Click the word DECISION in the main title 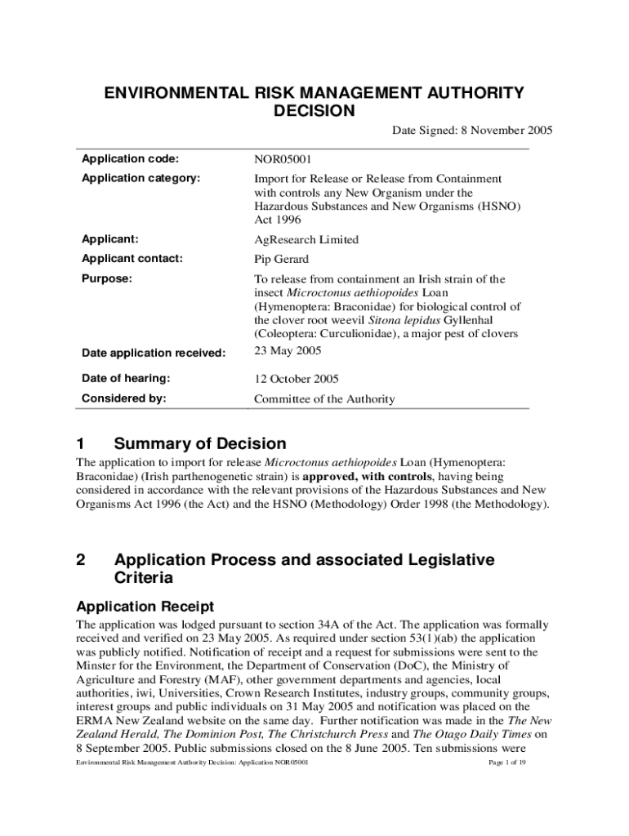(x=314, y=110)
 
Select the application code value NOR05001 (x=282, y=159)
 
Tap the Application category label (x=141, y=178)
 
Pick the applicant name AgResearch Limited (x=306, y=240)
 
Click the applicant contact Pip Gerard (x=282, y=260)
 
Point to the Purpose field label (x=106, y=278)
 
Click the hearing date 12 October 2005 (x=297, y=379)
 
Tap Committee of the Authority (x=324, y=399)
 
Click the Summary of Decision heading (x=200, y=444)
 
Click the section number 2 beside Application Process (x=80, y=560)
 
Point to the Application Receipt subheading (x=145, y=607)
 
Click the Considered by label (x=123, y=398)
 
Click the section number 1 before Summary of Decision (x=80, y=444)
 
